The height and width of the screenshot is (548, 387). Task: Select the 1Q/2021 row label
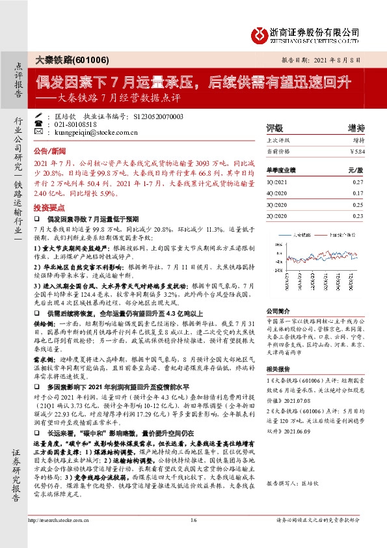278,183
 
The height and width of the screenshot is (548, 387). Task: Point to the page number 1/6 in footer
193,538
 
